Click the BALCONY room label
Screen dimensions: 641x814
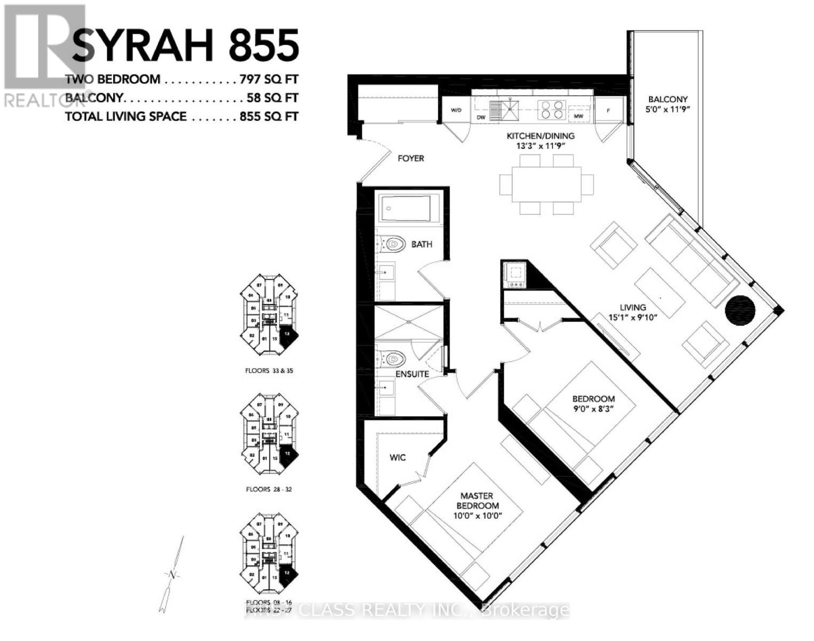[668, 99]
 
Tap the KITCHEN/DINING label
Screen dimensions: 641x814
[540, 136]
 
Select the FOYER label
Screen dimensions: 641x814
[411, 158]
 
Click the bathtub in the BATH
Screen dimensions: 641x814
[409, 209]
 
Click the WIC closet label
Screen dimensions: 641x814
[397, 457]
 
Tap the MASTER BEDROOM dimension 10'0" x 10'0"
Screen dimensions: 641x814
[478, 516]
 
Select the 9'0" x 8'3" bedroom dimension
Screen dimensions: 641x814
[593, 409]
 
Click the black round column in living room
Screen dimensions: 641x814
[740, 310]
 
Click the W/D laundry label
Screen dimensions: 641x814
[456, 111]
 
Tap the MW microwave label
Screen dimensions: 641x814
[578, 115]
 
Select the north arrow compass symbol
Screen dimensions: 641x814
[172, 575]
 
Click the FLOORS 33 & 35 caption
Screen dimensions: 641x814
[269, 371]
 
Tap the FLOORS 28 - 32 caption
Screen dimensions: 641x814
[269, 489]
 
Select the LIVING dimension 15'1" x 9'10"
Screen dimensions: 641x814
[633, 317]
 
